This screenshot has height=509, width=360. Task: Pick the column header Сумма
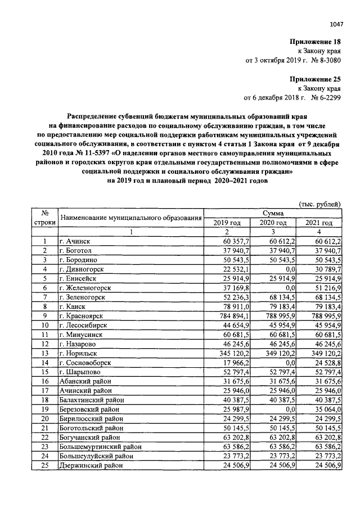click(x=273, y=214)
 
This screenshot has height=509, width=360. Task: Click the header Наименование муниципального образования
click(x=130, y=218)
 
